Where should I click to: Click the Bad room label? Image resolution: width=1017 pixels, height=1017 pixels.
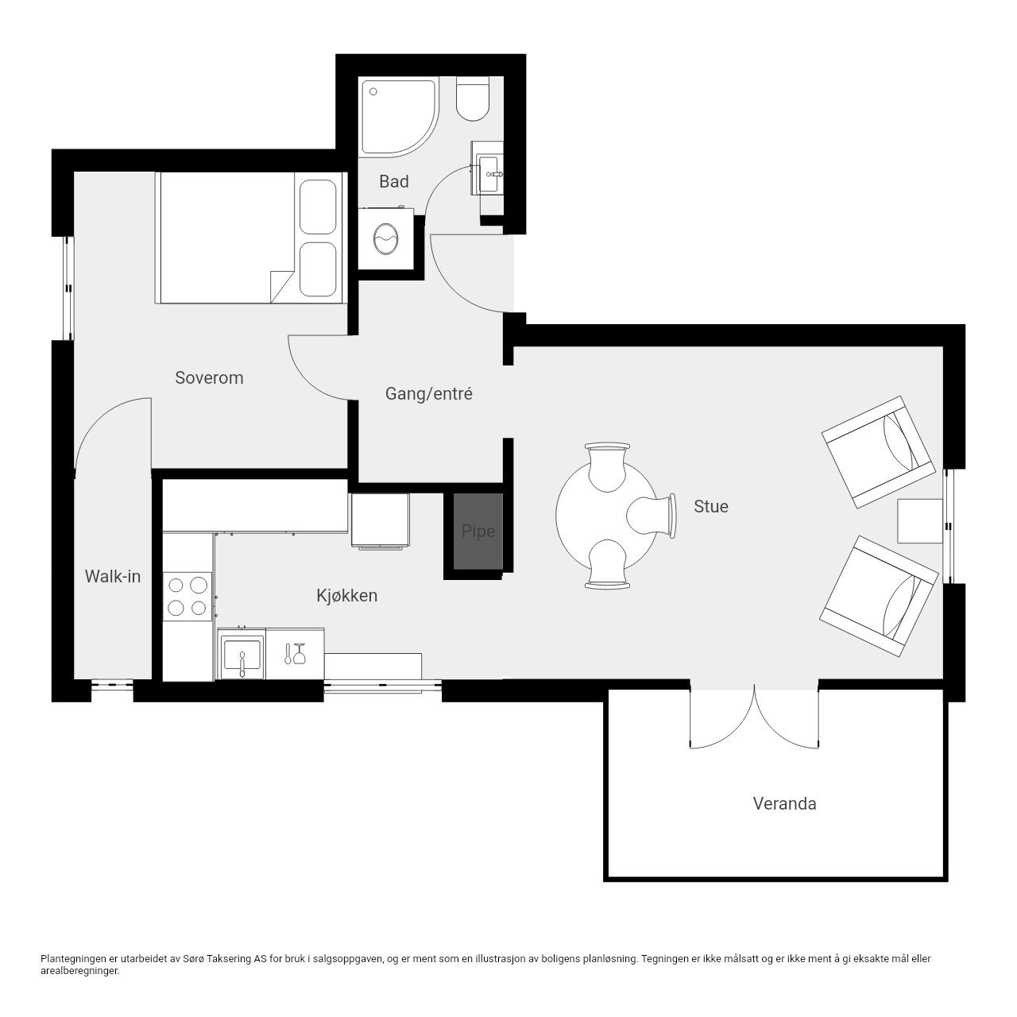394,182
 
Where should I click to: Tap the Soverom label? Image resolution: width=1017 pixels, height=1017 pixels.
209,378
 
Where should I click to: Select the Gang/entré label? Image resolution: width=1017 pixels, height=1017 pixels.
428,394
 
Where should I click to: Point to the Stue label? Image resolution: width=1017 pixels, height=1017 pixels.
711,507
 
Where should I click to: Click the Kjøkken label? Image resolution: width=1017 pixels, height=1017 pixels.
346,596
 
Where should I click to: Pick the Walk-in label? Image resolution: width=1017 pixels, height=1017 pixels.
112,576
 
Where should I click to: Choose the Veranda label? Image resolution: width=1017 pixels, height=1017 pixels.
784,804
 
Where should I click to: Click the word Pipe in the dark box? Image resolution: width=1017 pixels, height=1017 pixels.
478,532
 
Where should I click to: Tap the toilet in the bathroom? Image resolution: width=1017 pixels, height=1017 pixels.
472,99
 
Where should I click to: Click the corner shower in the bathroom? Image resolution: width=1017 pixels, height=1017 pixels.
400,117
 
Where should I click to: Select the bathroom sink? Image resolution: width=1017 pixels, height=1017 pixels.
488,168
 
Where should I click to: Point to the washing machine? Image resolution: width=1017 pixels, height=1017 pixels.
386,238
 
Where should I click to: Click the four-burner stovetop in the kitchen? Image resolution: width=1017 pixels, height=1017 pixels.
188,597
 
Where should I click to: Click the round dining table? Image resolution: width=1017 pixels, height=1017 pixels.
607,515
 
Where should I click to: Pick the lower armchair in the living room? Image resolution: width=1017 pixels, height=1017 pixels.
879,597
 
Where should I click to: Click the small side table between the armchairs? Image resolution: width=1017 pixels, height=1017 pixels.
920,521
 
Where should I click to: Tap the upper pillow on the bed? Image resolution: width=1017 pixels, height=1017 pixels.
318,207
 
